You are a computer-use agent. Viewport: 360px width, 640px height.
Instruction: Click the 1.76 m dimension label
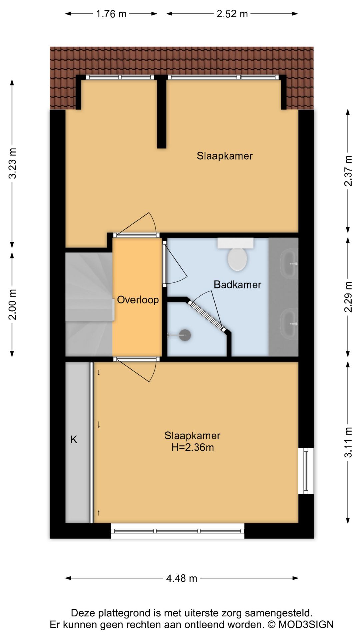pos(111,14)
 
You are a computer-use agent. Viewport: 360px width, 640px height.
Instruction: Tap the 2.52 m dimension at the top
pos(232,14)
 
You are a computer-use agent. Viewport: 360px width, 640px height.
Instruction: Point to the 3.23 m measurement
pos(13,163)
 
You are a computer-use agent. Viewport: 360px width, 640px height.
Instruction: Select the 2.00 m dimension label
pos(13,304)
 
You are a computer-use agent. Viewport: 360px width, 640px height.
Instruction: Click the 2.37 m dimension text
pos(348,171)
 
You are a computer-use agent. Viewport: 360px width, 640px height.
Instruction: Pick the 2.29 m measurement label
pos(348,297)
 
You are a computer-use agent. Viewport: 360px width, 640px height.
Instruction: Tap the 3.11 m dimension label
pos(348,442)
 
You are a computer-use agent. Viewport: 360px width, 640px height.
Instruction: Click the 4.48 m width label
pos(182,578)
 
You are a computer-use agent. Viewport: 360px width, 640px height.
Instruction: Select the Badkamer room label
pos(237,285)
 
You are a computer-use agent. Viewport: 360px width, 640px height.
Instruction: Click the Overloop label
pos(138,300)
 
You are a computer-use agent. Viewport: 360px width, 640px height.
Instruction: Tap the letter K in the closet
pos(74,439)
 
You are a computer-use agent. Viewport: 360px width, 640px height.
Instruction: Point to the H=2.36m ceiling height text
pos(193,447)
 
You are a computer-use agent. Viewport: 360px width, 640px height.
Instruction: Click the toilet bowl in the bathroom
pos(237,259)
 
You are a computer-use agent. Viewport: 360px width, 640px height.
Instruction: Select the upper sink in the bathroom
pos(289,264)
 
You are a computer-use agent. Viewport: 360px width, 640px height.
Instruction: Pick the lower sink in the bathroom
pos(289,323)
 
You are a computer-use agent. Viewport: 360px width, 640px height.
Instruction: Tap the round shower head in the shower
pos(185,335)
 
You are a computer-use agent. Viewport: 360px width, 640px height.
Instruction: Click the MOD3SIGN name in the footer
pos(306,625)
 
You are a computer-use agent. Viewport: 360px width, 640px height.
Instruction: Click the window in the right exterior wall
pos(306,471)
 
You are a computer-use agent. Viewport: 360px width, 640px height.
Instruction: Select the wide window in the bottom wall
pos(177,531)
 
